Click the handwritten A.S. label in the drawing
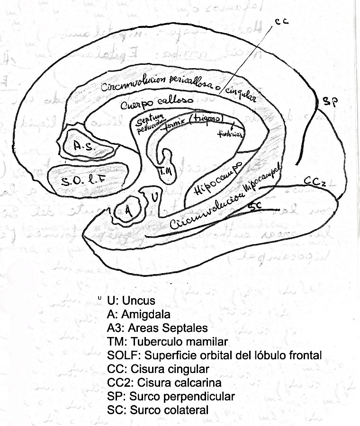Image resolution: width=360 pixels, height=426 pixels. (85, 147)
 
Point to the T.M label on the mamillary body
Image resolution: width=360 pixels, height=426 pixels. (166, 172)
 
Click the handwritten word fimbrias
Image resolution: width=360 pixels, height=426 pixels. (231, 134)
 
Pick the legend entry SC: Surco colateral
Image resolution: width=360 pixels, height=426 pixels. (158, 410)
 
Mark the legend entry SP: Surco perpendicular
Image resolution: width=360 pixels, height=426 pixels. (171, 396)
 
